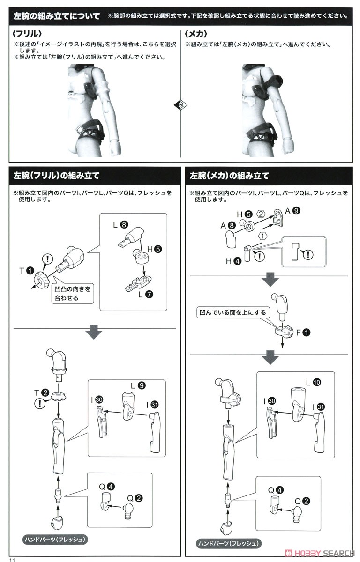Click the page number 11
click(x=12, y=560)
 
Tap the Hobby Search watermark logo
click(x=320, y=553)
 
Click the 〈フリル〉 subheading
click(x=27, y=34)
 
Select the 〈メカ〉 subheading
click(x=196, y=34)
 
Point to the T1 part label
click(x=27, y=271)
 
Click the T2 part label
click(x=42, y=392)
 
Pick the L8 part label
click(x=120, y=224)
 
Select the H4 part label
click(x=233, y=261)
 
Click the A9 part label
click(x=292, y=211)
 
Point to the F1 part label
click(x=303, y=333)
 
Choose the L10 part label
click(x=313, y=382)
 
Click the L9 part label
click(x=138, y=385)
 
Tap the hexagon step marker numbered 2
click(x=261, y=214)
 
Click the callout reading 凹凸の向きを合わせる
click(x=73, y=294)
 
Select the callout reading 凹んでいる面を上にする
click(x=232, y=313)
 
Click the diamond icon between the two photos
click(x=180, y=105)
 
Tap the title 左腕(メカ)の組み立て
click(x=229, y=176)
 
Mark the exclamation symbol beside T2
click(x=39, y=403)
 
